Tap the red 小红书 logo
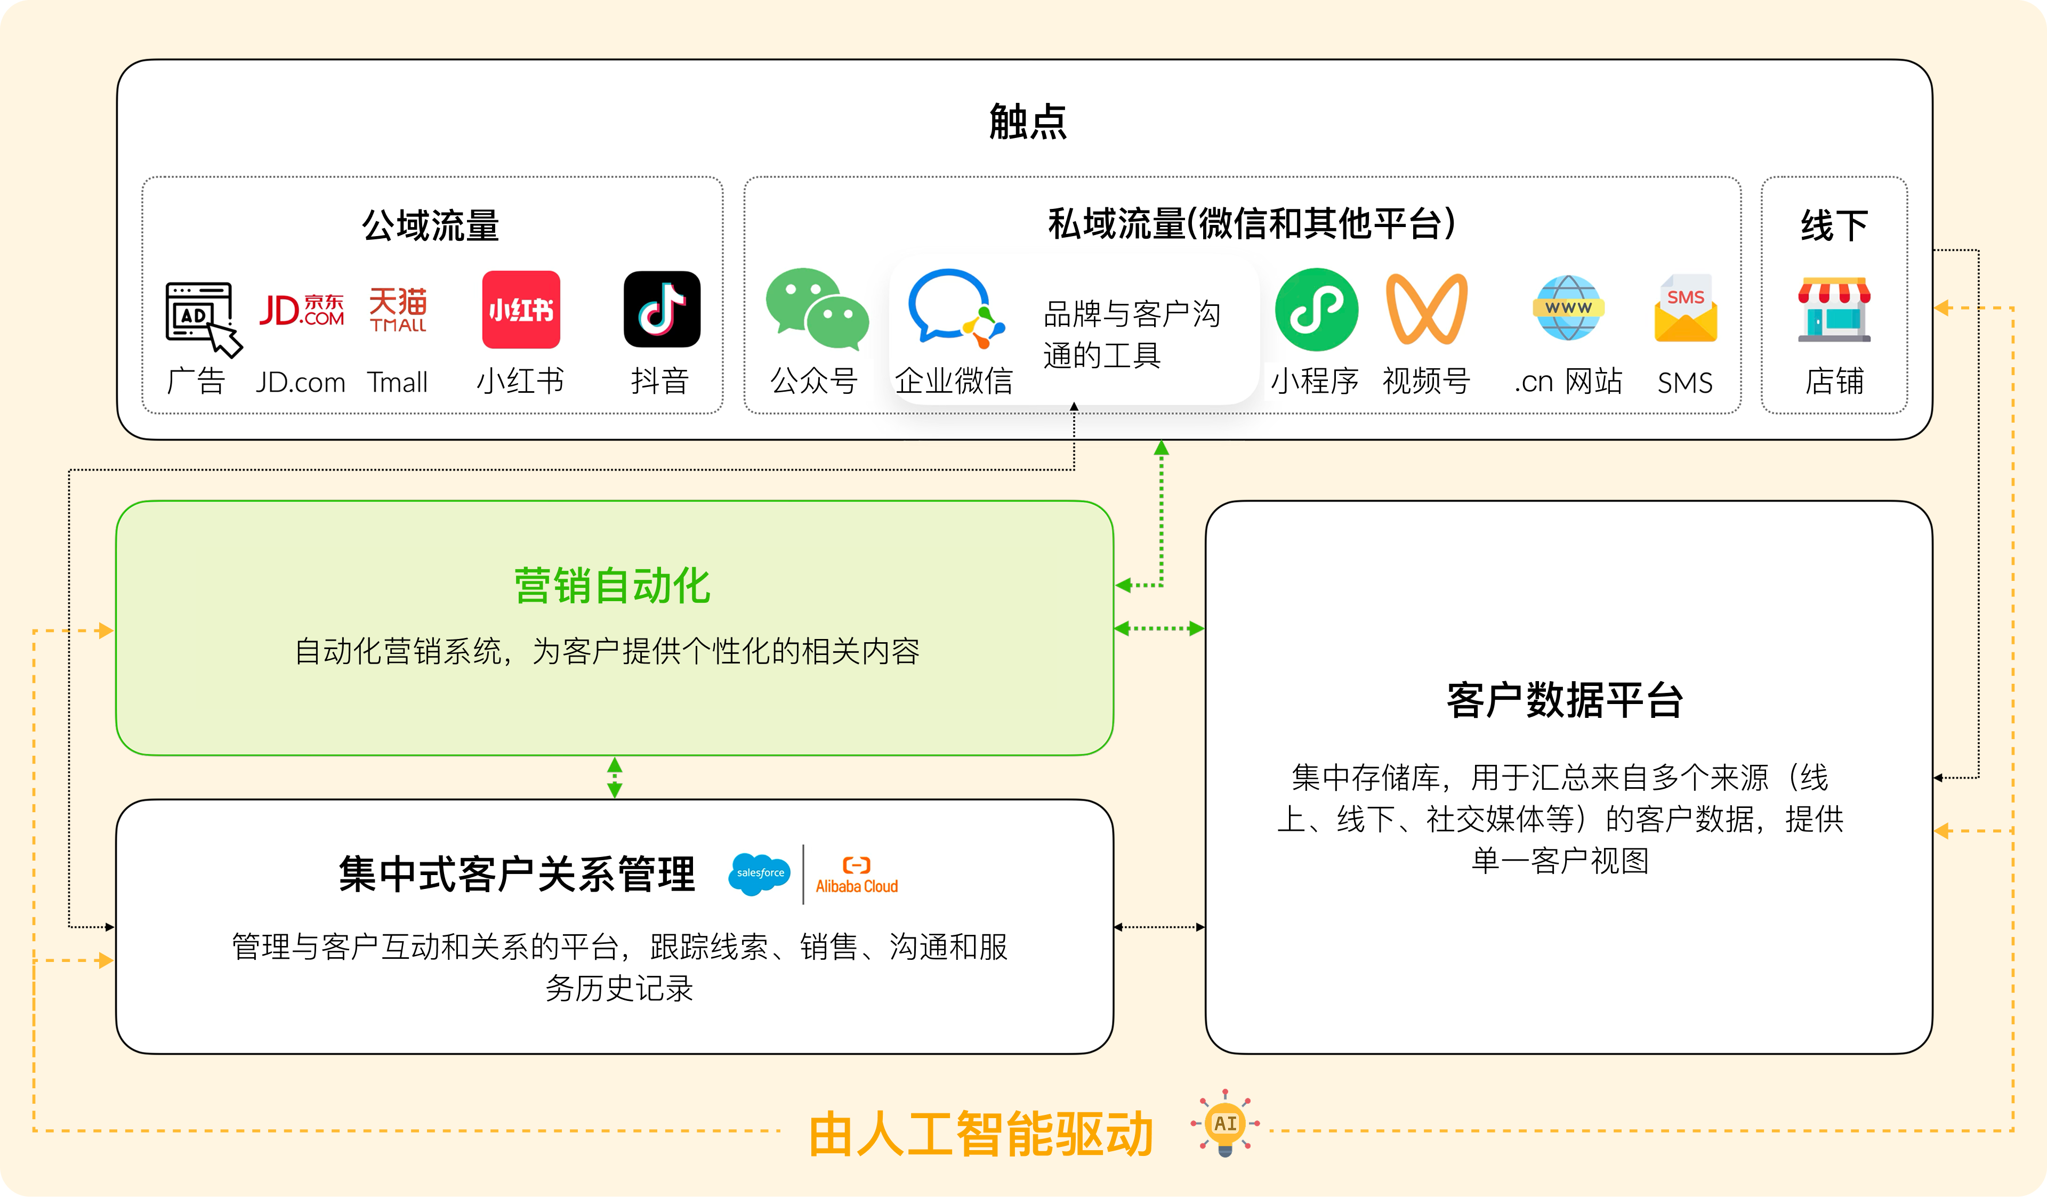(x=521, y=310)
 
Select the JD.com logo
(x=301, y=310)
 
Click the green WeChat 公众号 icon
(x=816, y=310)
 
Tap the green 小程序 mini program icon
(x=1316, y=310)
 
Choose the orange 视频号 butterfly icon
(x=1427, y=310)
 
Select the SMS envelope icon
(x=1686, y=310)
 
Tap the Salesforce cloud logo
(x=760, y=874)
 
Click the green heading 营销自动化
(x=613, y=586)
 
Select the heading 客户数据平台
(x=1565, y=699)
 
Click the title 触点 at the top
(x=1028, y=122)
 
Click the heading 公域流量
(x=431, y=225)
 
